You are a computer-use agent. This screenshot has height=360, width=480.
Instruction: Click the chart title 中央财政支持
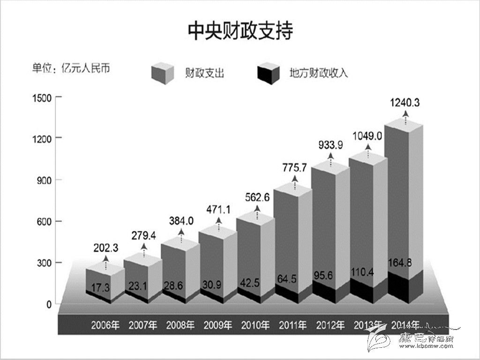point(240,31)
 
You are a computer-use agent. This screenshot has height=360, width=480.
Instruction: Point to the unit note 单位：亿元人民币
point(71,68)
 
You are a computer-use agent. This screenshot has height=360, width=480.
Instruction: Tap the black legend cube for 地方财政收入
point(269,73)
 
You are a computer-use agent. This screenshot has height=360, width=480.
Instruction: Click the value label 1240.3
point(404,102)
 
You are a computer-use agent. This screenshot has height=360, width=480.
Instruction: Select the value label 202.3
point(105,244)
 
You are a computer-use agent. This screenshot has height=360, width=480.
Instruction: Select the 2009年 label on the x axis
point(218,324)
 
